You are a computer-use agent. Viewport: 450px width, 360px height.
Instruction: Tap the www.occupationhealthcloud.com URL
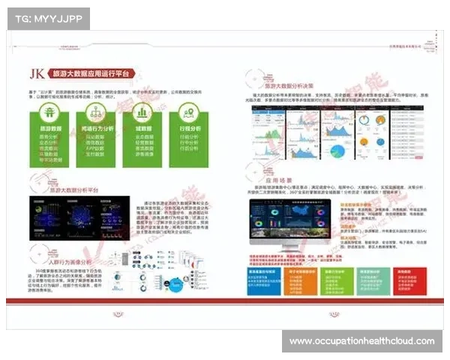tap(361, 341)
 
